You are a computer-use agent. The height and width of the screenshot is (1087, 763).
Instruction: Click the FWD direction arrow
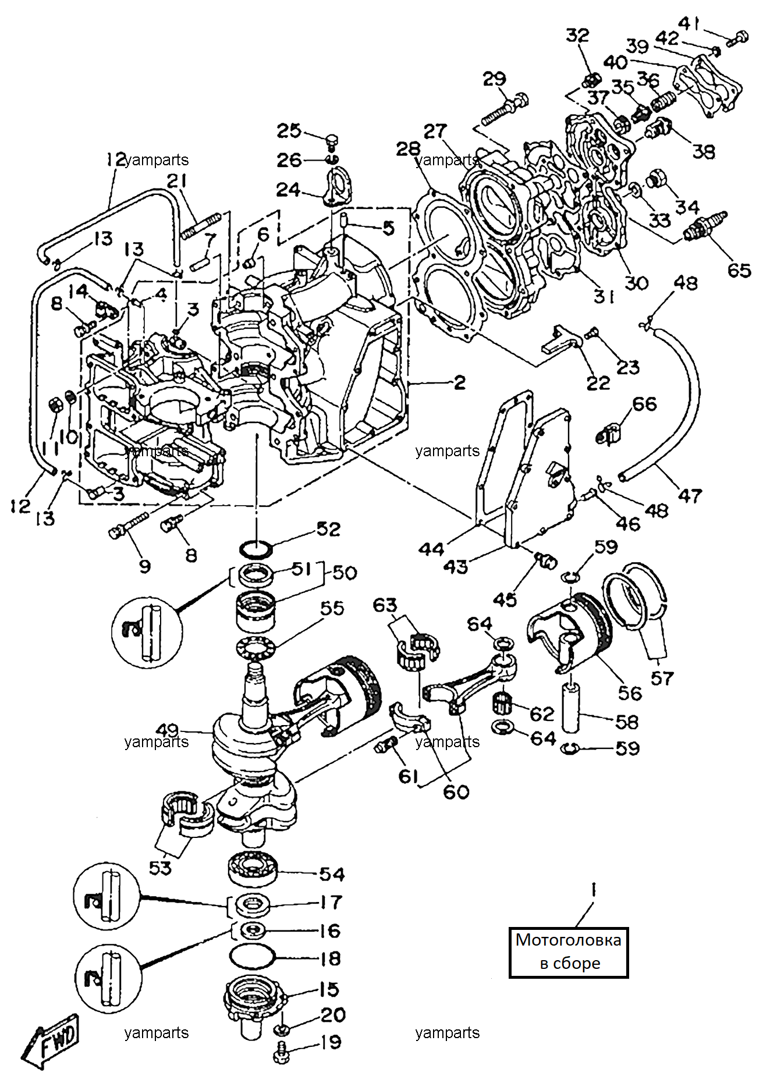pyautogui.click(x=50, y=1045)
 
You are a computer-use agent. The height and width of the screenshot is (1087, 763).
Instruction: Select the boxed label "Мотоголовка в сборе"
pyautogui.click(x=569, y=952)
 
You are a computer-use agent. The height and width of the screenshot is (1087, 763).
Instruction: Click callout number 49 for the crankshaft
pyautogui.click(x=168, y=730)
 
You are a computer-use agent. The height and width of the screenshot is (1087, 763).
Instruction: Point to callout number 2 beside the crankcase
pyautogui.click(x=459, y=382)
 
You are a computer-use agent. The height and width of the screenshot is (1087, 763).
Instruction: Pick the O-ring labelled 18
pyautogui.click(x=252, y=957)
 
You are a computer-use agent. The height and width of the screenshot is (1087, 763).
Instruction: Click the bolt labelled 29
pyautogui.click(x=505, y=110)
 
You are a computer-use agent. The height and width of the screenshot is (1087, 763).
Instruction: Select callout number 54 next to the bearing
pyautogui.click(x=332, y=873)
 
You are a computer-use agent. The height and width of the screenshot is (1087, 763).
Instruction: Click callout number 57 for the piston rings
pyautogui.click(x=662, y=678)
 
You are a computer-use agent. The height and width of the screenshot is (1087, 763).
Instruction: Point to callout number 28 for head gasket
pyautogui.click(x=408, y=148)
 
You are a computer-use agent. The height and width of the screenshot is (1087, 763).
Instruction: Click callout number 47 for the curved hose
pyautogui.click(x=690, y=496)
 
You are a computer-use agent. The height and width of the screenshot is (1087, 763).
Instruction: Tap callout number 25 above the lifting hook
pyautogui.click(x=289, y=130)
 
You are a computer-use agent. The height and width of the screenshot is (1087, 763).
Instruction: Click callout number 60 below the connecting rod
pyautogui.click(x=456, y=791)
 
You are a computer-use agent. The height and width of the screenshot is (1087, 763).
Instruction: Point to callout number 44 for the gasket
pyautogui.click(x=431, y=549)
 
